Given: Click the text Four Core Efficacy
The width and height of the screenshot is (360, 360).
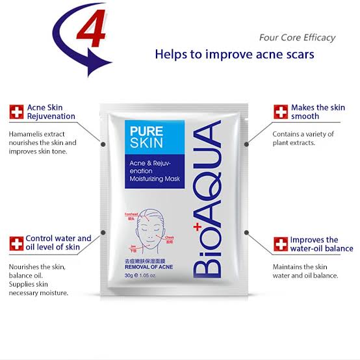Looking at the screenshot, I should pos(297,37).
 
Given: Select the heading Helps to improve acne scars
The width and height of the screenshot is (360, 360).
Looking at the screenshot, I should pos(234,54).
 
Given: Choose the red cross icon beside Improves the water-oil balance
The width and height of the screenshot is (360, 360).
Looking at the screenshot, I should pos(280,244).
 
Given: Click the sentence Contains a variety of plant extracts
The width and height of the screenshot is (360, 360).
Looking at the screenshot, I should pos(303,138).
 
